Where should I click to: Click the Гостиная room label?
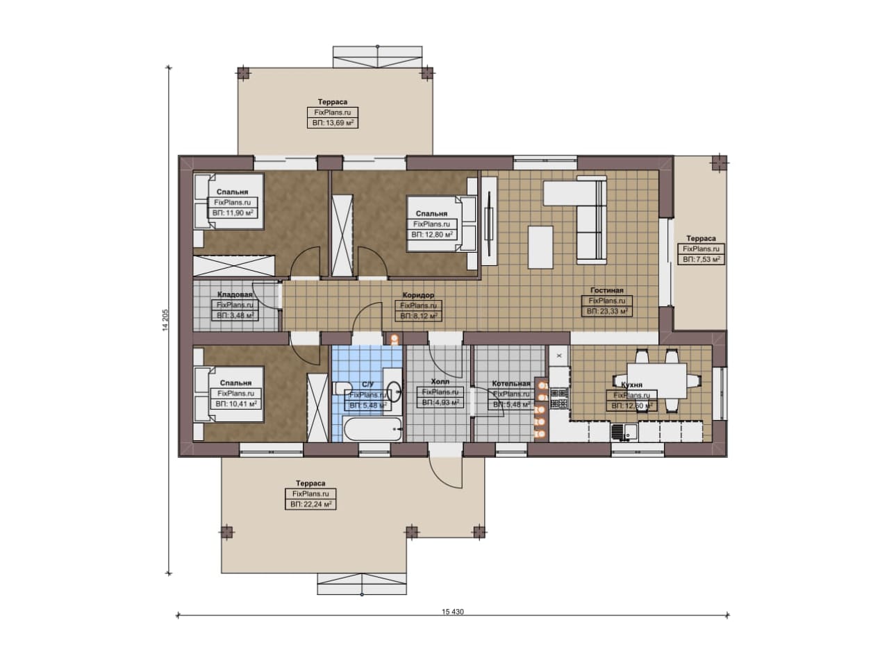[x=606, y=290]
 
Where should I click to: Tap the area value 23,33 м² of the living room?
[x=606, y=312]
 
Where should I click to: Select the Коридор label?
[x=418, y=295]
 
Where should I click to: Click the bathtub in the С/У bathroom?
[x=373, y=429]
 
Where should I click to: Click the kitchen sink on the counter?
[x=624, y=432]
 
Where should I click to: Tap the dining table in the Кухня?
[x=657, y=381]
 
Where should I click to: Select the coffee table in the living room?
[x=540, y=247]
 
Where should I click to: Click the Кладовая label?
[x=235, y=294]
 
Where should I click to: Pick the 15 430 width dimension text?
[x=452, y=612]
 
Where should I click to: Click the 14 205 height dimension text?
[x=165, y=320]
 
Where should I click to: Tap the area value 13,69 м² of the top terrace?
[x=333, y=123]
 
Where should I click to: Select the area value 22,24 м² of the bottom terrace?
[x=310, y=504]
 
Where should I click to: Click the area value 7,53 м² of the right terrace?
[x=701, y=260]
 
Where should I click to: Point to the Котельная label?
[x=511, y=383]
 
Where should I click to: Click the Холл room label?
[x=440, y=381]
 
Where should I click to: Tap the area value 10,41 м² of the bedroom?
[x=236, y=404]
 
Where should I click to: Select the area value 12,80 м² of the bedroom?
[x=432, y=235]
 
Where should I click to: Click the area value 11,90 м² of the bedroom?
[x=233, y=213]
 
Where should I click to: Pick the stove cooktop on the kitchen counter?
[x=559, y=399]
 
